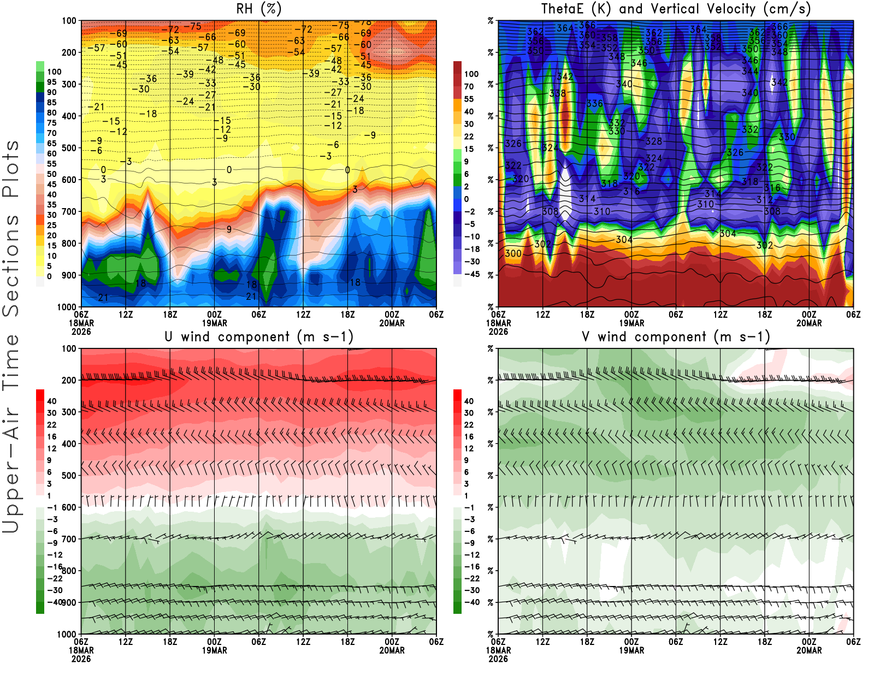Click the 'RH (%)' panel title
click(258, 9)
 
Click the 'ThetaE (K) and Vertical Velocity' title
click(676, 9)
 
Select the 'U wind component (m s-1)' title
click(258, 336)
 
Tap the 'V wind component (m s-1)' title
click(676, 336)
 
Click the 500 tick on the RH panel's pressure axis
click(69, 148)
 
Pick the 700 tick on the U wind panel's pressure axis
click(69, 539)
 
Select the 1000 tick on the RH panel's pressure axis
click(67, 307)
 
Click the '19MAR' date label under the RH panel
click(215, 323)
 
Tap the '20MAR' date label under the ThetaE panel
click(809, 323)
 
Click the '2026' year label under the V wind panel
click(498, 659)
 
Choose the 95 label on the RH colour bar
click(51, 82)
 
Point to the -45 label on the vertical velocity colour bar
click(471, 274)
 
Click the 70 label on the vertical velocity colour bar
click(469, 86)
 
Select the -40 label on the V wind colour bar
click(471, 602)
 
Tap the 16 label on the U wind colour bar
click(51, 436)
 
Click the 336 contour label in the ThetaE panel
click(594, 103)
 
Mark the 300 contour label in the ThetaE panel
click(513, 253)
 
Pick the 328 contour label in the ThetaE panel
click(654, 141)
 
